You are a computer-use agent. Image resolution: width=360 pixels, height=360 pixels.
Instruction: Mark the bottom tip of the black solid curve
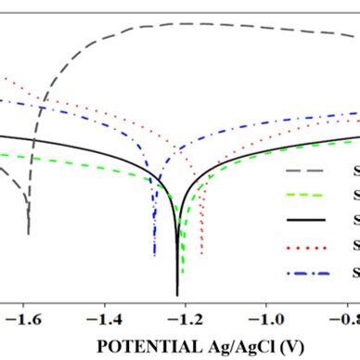point(177,294)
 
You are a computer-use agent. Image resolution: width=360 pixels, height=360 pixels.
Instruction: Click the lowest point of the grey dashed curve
point(29,233)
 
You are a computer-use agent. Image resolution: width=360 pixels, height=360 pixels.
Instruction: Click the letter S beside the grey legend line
point(355,171)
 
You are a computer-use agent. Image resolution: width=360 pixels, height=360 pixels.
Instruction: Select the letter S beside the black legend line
point(355,220)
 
